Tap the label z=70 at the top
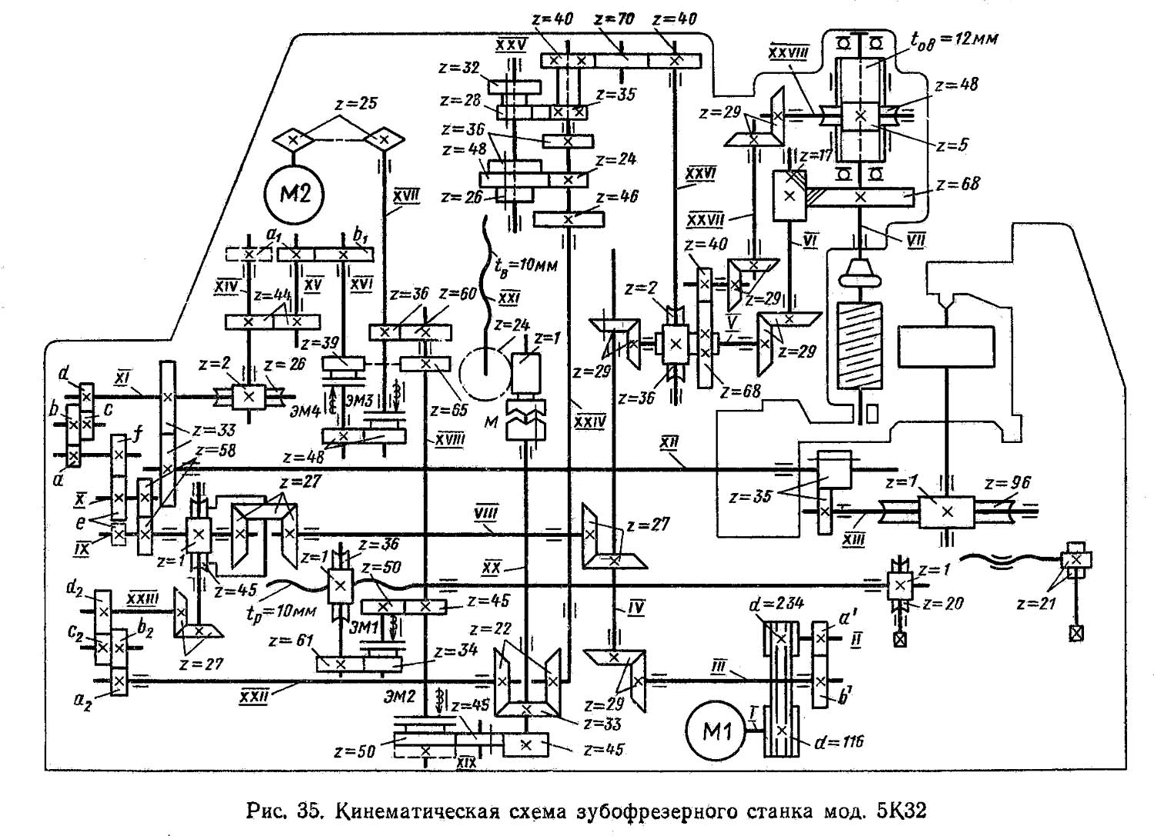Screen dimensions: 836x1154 [615, 19]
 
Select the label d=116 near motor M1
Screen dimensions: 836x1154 [839, 742]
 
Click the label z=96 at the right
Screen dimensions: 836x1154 [1007, 483]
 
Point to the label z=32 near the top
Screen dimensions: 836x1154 [460, 67]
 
